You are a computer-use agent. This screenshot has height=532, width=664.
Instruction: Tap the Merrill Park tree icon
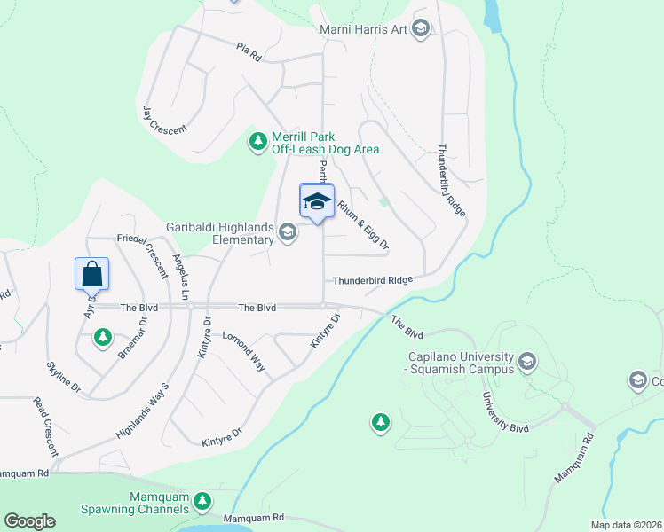click(x=257, y=142)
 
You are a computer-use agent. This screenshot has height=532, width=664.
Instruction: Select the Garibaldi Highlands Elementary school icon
click(x=287, y=232)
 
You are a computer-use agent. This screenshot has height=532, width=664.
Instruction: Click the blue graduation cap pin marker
click(x=317, y=201)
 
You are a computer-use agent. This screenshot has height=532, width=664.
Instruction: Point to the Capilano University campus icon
click(x=527, y=361)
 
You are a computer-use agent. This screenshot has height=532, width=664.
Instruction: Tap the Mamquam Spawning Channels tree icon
click(x=202, y=502)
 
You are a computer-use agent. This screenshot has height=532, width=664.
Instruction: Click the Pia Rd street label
click(x=249, y=51)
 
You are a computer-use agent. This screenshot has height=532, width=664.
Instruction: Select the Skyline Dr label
click(x=64, y=378)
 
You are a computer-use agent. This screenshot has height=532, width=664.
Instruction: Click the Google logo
click(x=29, y=521)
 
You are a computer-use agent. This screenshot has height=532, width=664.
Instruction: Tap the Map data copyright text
click(x=626, y=525)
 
